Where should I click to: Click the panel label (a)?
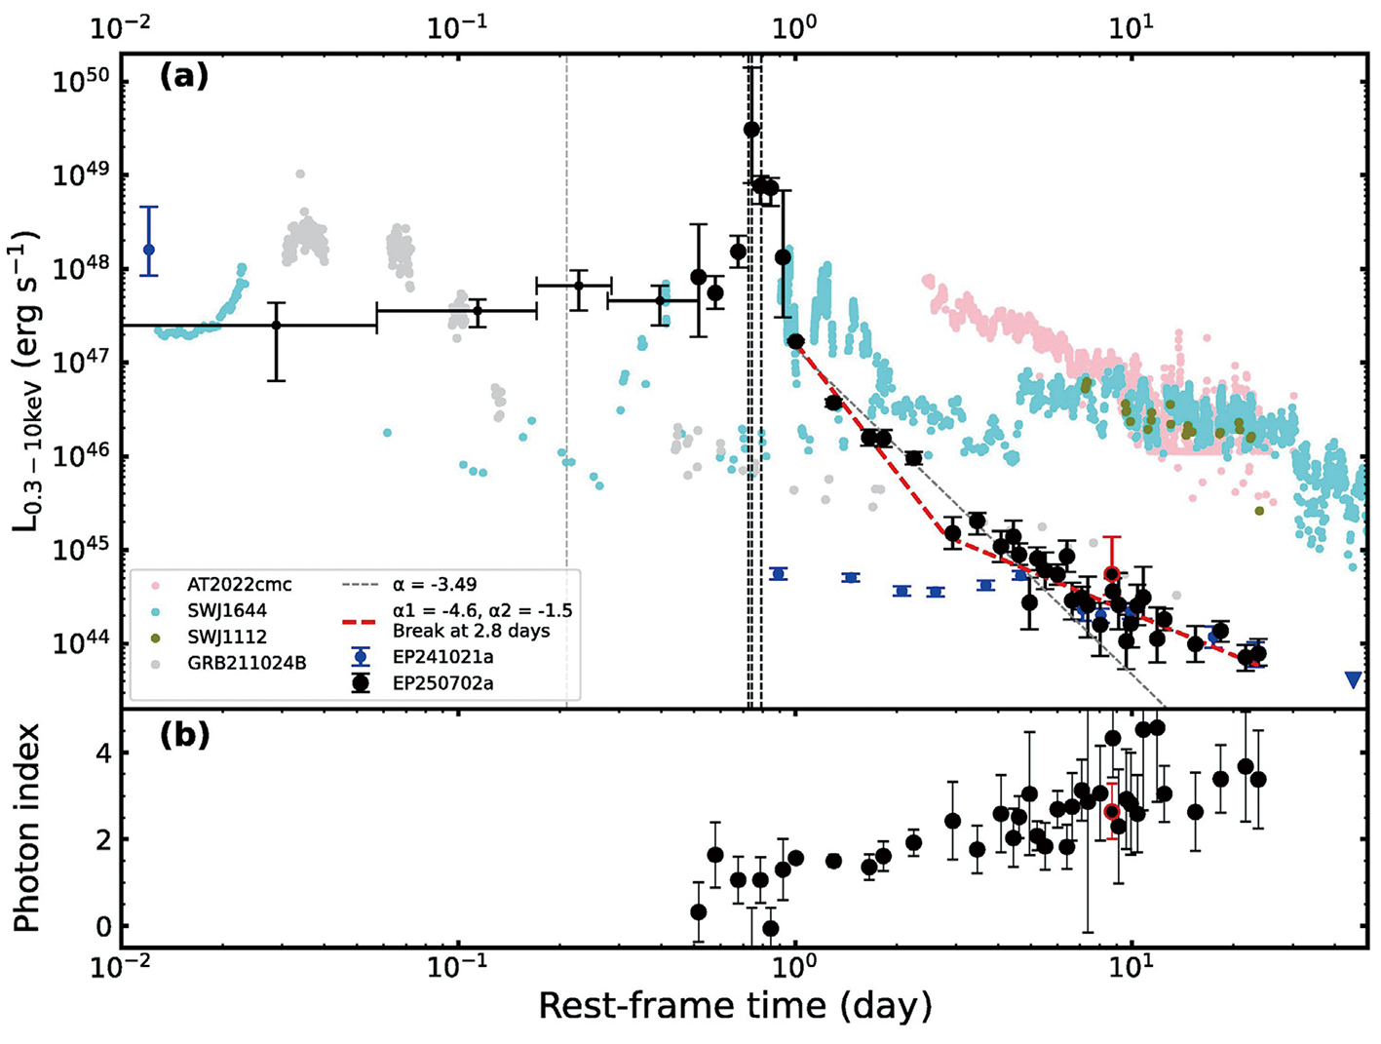click(184, 75)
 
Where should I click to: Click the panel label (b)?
click(184, 734)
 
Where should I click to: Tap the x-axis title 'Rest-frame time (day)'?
click(735, 1006)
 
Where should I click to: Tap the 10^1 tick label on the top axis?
click(1132, 26)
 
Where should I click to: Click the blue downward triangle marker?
click(1353, 679)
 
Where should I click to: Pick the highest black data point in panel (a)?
click(751, 129)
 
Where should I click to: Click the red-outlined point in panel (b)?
click(1112, 811)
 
